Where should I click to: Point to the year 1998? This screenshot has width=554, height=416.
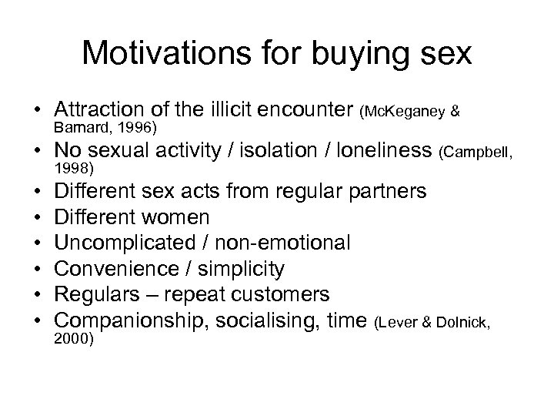73,169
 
